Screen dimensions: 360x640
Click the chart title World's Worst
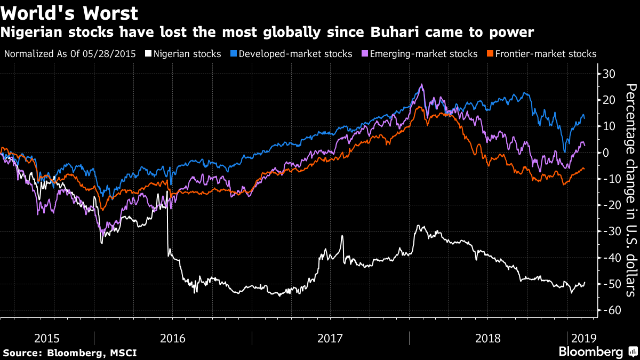69,13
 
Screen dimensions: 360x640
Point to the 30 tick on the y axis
609,73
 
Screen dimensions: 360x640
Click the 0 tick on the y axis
606,153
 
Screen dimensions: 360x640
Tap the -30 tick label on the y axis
609,231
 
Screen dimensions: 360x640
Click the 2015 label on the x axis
47,338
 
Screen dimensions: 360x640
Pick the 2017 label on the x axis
330,338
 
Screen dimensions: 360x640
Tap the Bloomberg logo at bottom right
597,352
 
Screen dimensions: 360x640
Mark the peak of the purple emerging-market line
422,84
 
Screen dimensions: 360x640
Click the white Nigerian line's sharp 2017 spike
342,236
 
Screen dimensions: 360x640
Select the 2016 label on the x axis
173,338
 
